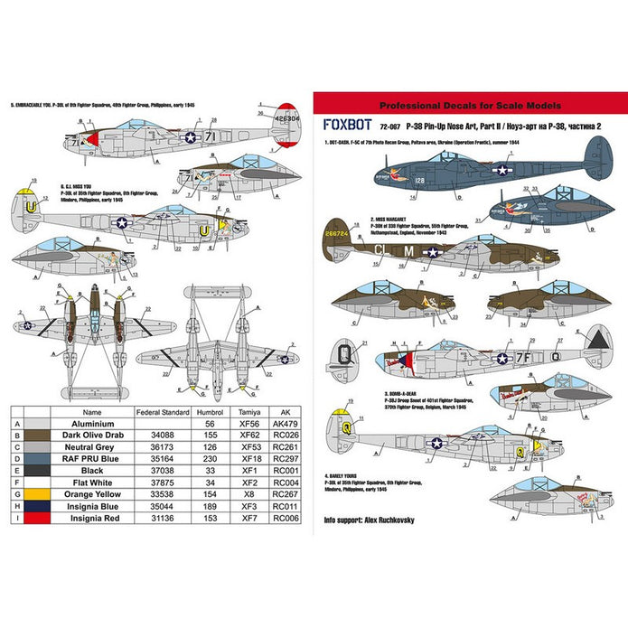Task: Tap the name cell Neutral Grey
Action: (x=86, y=445)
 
